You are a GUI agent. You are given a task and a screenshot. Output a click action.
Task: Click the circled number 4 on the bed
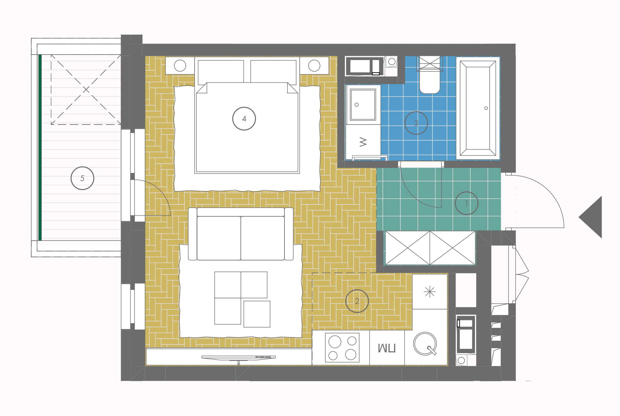click(x=244, y=119)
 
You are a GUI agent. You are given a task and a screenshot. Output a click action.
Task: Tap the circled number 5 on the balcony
click(x=82, y=178)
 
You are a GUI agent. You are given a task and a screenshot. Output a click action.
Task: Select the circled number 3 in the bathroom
click(x=416, y=123)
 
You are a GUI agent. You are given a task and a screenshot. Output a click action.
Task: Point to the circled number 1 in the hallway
click(x=467, y=203)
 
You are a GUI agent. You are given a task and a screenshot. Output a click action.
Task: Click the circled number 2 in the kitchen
click(x=357, y=301)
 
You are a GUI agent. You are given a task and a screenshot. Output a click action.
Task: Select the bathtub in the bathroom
click(x=478, y=108)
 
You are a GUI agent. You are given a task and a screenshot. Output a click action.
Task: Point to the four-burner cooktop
click(x=342, y=348)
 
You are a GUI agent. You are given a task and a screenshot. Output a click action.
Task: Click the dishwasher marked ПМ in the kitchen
click(x=387, y=348)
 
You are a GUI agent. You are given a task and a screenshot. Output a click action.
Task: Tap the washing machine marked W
click(x=363, y=142)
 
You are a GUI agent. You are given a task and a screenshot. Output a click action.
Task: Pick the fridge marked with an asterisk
click(x=430, y=291)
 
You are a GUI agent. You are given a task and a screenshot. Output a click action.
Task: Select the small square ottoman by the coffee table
click(x=257, y=314)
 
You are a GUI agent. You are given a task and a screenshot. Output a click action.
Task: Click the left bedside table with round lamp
click(x=180, y=66)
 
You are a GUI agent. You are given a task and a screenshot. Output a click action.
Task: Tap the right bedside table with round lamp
click(x=314, y=66)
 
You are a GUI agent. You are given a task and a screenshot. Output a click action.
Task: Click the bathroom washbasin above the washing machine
click(x=363, y=105)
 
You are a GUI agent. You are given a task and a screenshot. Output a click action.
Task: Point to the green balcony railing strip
click(x=40, y=147)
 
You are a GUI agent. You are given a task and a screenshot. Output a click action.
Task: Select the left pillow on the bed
click(x=221, y=71)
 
